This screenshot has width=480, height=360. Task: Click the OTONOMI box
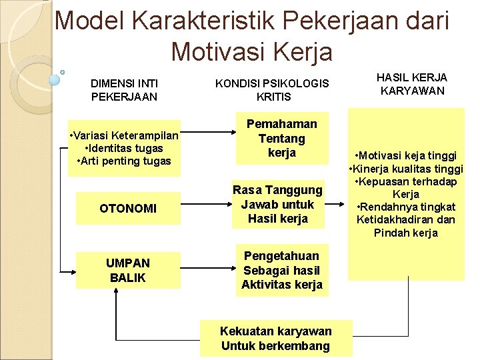point(128,209)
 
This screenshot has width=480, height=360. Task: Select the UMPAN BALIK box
point(128,270)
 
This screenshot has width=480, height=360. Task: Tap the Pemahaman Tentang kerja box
point(281,139)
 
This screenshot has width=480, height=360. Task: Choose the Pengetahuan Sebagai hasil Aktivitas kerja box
point(281,270)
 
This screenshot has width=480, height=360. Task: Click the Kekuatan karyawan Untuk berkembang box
point(275,339)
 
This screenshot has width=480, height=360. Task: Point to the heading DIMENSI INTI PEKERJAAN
point(124,90)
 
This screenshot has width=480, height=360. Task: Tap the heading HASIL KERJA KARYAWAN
point(412,84)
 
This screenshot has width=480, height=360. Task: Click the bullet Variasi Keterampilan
point(124,135)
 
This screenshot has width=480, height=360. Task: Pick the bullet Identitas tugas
point(124,148)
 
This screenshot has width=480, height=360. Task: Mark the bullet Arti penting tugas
point(124,161)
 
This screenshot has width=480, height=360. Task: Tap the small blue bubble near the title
point(55,79)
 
